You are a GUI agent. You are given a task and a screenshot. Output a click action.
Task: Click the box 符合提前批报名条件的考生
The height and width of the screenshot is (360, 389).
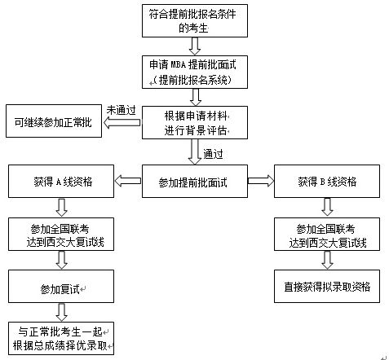click(x=195, y=20)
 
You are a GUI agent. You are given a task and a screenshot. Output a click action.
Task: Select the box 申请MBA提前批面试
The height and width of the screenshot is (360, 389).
click(x=195, y=72)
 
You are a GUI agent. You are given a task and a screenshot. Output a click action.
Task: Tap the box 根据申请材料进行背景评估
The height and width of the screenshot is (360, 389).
click(x=195, y=122)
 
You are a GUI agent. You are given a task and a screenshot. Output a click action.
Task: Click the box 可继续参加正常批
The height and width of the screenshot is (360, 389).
click(x=54, y=121)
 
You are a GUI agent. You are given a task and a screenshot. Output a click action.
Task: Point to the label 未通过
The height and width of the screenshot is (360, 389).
click(x=121, y=110)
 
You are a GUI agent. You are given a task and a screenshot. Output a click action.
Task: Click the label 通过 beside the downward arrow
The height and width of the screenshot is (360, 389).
click(x=213, y=154)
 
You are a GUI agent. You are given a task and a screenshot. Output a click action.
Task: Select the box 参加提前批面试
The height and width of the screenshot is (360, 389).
click(x=195, y=181)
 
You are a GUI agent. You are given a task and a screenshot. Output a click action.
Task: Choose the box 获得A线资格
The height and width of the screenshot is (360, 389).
click(x=61, y=181)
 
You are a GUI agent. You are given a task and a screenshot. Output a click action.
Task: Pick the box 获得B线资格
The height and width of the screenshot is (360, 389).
click(x=327, y=181)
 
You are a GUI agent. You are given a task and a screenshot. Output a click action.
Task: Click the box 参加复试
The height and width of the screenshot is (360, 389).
click(x=61, y=286)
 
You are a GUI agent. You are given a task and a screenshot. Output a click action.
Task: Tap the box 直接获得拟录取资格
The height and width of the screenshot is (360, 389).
click(x=327, y=286)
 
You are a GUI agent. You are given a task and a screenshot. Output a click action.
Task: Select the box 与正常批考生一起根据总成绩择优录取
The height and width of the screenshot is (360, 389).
click(x=61, y=338)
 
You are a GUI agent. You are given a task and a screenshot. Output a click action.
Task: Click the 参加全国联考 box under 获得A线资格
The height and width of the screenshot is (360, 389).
click(x=61, y=234)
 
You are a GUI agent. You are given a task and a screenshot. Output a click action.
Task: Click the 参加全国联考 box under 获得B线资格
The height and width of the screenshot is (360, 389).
click(x=327, y=234)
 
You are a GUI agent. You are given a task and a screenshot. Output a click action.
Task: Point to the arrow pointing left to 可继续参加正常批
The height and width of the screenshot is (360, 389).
click(x=122, y=122)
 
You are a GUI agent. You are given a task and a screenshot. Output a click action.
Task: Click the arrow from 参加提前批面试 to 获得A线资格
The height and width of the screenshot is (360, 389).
click(x=128, y=181)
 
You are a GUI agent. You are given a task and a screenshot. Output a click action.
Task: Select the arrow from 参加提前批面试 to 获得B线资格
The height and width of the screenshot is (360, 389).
click(x=261, y=181)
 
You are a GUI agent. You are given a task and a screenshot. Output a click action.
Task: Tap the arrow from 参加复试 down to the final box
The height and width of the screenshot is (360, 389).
click(x=62, y=312)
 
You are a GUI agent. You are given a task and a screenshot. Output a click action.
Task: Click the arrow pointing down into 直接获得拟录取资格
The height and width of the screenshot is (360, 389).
click(x=327, y=260)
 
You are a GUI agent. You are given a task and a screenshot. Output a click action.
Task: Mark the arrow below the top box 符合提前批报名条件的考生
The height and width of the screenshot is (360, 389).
click(x=195, y=46)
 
